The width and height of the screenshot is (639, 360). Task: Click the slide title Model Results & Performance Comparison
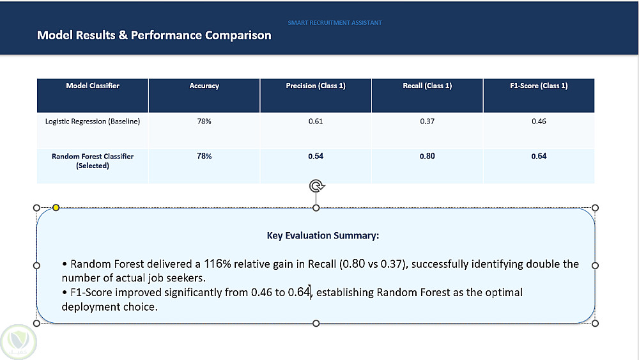154,35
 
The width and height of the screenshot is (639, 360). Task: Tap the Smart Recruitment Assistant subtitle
335,23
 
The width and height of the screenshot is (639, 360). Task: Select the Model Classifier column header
93,86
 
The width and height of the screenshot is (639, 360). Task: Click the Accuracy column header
204,86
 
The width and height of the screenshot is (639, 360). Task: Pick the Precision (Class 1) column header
316,86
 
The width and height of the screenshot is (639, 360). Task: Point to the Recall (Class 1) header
427,86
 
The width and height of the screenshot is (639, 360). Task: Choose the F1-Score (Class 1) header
539,86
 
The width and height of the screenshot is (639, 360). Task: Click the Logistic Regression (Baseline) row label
93,121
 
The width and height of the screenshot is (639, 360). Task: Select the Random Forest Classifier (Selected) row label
93,160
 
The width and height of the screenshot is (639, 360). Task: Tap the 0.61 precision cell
316,121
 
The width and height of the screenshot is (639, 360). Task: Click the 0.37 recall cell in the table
427,121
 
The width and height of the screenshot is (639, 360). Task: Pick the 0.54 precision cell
316,156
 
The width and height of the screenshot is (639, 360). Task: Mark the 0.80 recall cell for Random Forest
427,156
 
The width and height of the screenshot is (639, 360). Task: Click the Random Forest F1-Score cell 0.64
539,156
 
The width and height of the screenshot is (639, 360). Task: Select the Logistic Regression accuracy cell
204,121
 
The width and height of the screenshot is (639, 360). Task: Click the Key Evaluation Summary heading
323,236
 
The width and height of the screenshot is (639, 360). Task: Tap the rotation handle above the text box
317,186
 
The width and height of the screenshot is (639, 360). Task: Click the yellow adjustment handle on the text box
56,208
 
